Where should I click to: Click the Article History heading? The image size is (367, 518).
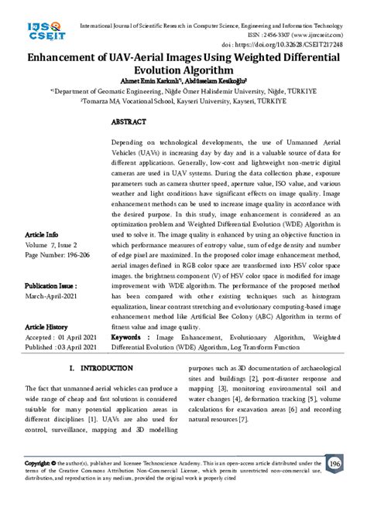tap(47, 327)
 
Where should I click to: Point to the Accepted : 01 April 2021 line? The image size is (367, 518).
tap(61, 338)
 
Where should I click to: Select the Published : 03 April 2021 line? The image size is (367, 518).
tap(61, 348)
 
